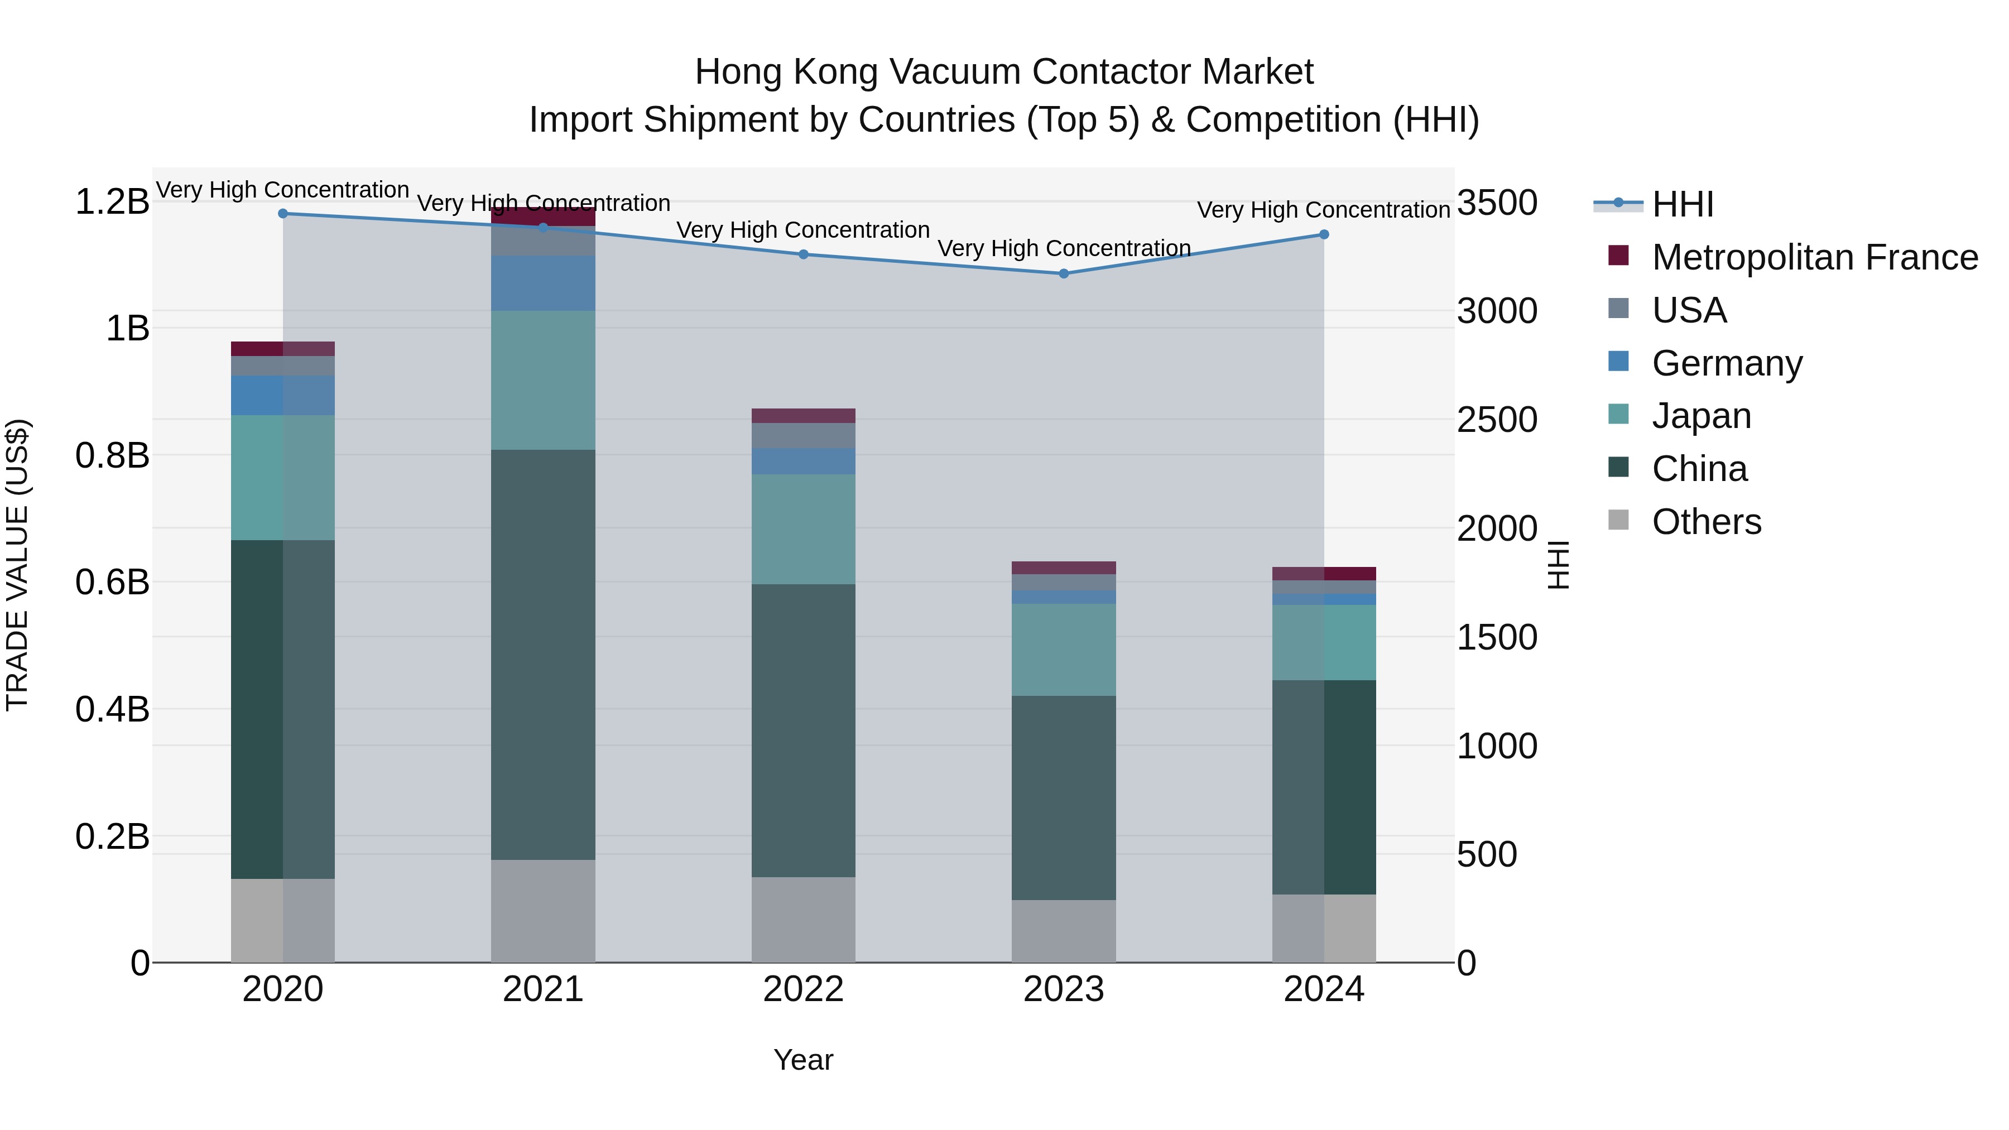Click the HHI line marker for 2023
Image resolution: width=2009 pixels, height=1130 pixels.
pyautogui.click(x=1063, y=274)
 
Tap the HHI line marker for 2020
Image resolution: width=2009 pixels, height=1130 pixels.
pyautogui.click(x=283, y=214)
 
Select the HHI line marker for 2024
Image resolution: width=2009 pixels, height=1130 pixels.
pyautogui.click(x=1324, y=235)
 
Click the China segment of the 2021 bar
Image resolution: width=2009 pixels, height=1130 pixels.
pyautogui.click(x=543, y=655)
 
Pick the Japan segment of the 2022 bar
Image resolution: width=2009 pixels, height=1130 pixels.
pyautogui.click(x=803, y=530)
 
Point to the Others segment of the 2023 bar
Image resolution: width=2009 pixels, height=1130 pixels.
pyautogui.click(x=1063, y=931)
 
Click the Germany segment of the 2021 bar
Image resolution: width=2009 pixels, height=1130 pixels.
pyautogui.click(x=543, y=283)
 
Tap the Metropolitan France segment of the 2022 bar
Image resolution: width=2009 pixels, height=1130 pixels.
pyautogui.click(x=803, y=416)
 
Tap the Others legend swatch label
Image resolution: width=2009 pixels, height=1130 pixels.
pyautogui.click(x=1707, y=522)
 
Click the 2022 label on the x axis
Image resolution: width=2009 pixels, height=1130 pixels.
pyautogui.click(x=803, y=989)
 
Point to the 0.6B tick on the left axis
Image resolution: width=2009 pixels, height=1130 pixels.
pyautogui.click(x=112, y=583)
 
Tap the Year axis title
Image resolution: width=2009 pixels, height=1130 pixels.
pyautogui.click(x=803, y=1060)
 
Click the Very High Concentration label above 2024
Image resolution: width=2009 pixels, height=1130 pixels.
pyautogui.click(x=1324, y=210)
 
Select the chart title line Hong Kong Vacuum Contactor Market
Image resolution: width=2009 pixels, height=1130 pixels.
pyautogui.click(x=1004, y=72)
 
